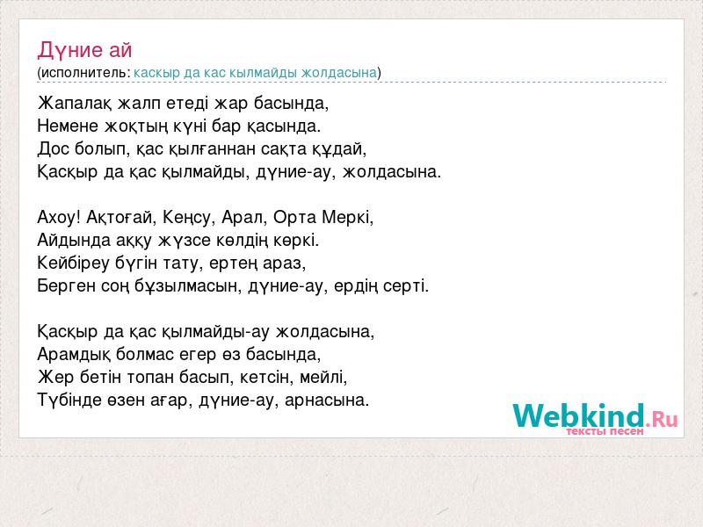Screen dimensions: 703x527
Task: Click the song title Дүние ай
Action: (x=84, y=50)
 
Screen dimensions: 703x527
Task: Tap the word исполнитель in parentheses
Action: (x=85, y=73)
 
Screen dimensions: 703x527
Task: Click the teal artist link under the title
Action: (x=255, y=73)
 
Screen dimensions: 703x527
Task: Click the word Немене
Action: (x=68, y=126)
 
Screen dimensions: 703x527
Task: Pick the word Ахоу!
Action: (x=59, y=217)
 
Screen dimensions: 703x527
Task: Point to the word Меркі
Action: (x=347, y=217)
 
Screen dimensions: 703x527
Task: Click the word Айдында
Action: (x=74, y=241)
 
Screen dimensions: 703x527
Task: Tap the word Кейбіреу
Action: (x=73, y=263)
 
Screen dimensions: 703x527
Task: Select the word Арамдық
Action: (x=74, y=355)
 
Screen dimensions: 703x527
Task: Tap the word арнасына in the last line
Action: (x=326, y=401)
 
